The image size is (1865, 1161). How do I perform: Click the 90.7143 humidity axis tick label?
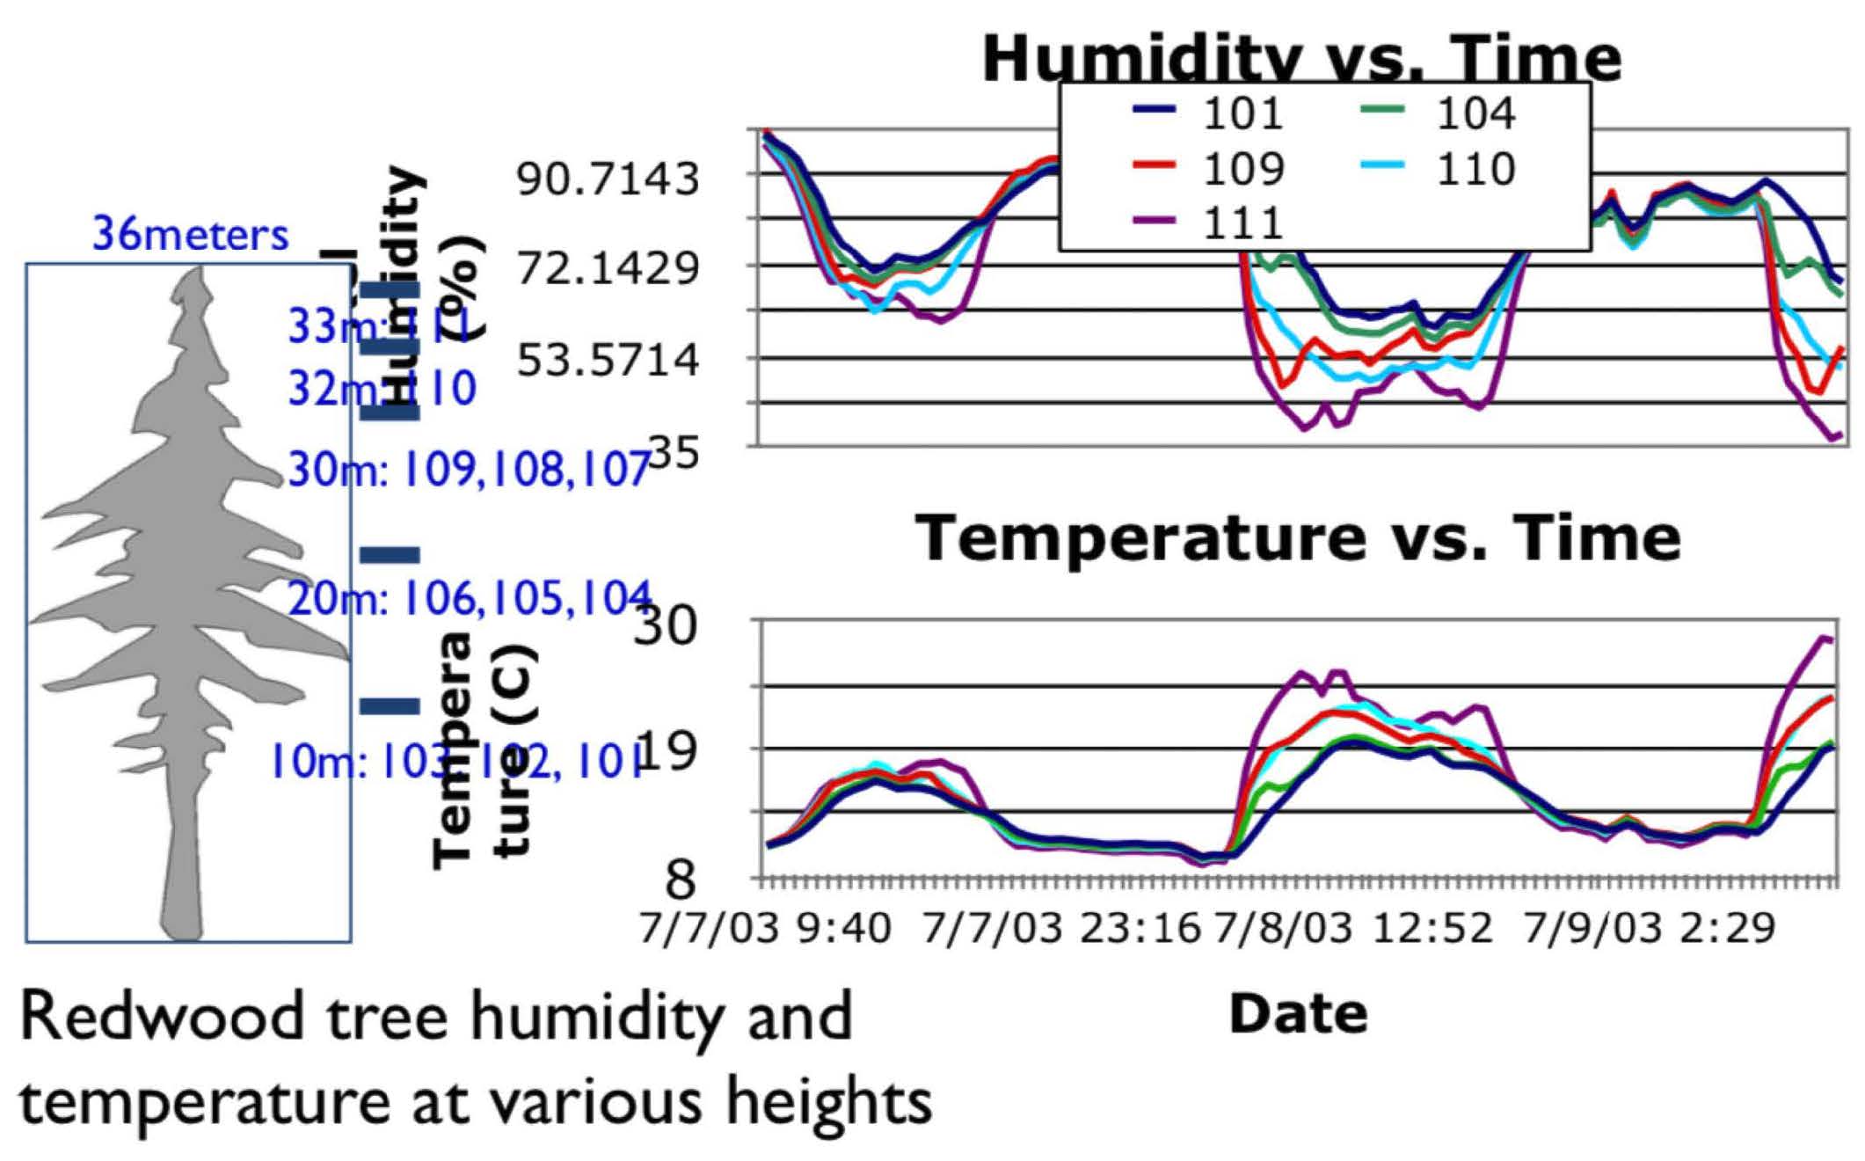608,179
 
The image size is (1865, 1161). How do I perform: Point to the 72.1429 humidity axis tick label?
608,268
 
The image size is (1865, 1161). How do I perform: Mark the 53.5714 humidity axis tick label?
608,360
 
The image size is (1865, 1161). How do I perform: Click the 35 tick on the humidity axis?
673,455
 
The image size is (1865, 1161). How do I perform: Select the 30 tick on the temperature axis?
666,626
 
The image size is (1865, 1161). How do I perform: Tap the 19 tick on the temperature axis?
666,750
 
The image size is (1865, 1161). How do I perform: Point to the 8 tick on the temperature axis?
681,879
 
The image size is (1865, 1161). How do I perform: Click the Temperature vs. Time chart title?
1298,538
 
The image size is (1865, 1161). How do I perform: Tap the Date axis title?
1298,1014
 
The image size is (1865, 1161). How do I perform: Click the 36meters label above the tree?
191,235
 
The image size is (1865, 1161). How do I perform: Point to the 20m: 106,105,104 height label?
470,599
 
